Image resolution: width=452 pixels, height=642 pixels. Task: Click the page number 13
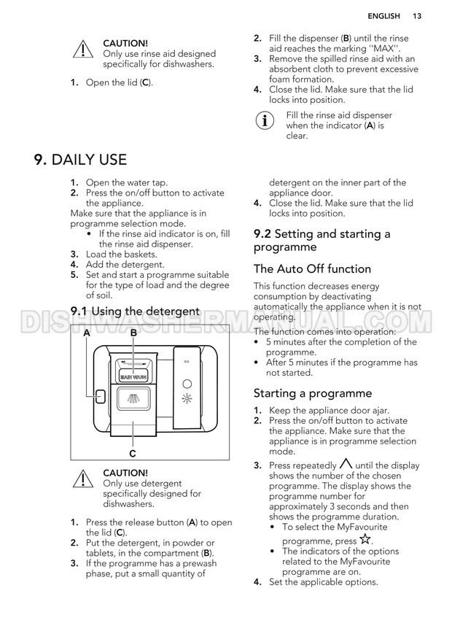(417, 16)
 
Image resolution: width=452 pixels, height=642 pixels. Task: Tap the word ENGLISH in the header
(383, 16)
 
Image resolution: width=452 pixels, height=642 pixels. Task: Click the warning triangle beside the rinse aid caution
(83, 49)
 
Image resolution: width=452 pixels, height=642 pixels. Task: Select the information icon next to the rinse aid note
(265, 121)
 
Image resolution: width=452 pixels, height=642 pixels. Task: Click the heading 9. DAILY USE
(81, 159)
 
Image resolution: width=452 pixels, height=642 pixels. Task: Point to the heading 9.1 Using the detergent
(135, 312)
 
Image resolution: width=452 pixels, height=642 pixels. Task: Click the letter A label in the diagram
(87, 333)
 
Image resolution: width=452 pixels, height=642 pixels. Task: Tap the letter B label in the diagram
(133, 333)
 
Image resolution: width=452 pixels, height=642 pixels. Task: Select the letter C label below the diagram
(133, 454)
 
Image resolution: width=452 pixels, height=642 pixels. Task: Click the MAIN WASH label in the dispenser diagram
(133, 376)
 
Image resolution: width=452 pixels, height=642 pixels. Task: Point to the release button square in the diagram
(100, 396)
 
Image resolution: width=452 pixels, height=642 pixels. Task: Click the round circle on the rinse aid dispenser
(187, 384)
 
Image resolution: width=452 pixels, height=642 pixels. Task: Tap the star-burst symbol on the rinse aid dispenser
(187, 398)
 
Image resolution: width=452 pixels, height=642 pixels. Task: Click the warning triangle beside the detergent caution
(83, 479)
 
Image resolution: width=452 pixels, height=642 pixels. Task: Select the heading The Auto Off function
(312, 269)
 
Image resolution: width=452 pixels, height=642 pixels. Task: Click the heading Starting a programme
(313, 393)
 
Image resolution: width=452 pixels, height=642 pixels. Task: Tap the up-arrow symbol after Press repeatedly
(346, 463)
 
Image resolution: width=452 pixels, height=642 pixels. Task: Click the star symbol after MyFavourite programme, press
(365, 539)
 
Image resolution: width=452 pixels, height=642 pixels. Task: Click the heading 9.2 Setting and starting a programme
(322, 240)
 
